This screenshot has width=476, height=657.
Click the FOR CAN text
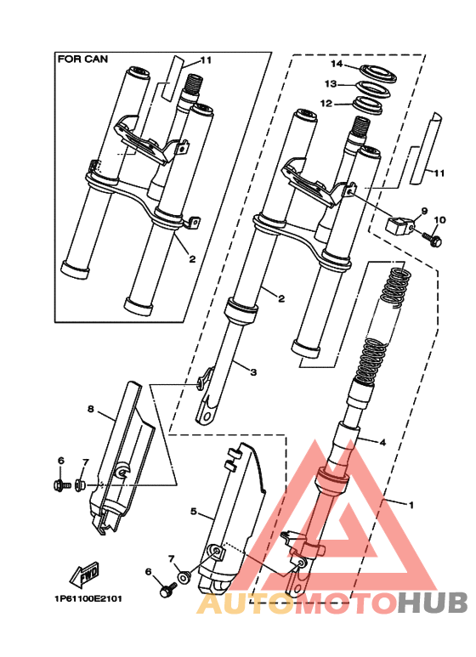(82, 59)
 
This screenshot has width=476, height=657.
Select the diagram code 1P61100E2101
(88, 598)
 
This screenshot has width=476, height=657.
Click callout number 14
(337, 64)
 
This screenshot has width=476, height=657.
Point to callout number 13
(331, 84)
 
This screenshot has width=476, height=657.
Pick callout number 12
(326, 103)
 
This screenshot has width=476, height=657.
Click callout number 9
(424, 211)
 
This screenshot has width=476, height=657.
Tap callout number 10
(440, 219)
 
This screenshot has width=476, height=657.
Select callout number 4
(382, 442)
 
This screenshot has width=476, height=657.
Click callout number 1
(411, 505)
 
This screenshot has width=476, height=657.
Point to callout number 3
(252, 371)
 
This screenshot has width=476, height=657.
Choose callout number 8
(90, 409)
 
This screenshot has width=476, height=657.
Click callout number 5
(193, 511)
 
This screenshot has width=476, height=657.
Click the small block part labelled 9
(399, 226)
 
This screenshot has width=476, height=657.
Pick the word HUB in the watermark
(433, 603)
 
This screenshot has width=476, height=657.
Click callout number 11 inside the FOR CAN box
(206, 59)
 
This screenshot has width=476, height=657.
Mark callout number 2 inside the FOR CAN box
(192, 259)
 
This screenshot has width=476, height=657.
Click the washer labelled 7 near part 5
(184, 577)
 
